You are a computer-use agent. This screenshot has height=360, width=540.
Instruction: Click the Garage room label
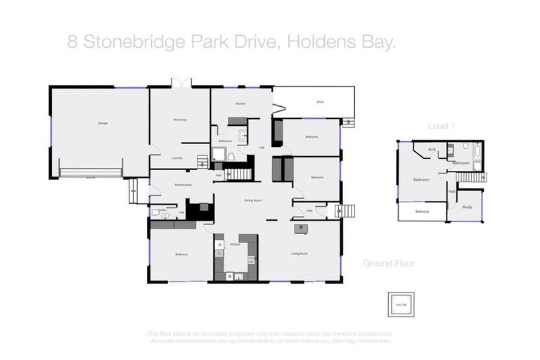pos(103,124)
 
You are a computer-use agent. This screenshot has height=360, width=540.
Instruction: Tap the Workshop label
pos(179,120)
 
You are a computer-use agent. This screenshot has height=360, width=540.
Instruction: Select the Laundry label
pos(177,158)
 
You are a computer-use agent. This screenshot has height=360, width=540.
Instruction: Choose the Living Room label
pos(300,253)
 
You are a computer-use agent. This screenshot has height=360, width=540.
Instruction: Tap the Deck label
pos(320,102)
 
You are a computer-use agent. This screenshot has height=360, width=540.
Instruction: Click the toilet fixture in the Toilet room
pos(155,212)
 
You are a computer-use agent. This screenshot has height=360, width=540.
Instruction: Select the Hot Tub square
pos(399,304)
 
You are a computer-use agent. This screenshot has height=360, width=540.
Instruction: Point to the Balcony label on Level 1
pos(422,212)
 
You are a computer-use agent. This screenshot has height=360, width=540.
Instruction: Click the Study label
pos(468,207)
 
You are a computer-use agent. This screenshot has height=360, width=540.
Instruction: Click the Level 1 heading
pos(442,126)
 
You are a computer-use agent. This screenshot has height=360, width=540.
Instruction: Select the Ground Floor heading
pos(388,264)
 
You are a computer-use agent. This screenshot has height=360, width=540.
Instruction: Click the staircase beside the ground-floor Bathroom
pos(243,172)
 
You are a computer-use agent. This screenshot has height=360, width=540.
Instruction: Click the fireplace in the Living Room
pos(298,227)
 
